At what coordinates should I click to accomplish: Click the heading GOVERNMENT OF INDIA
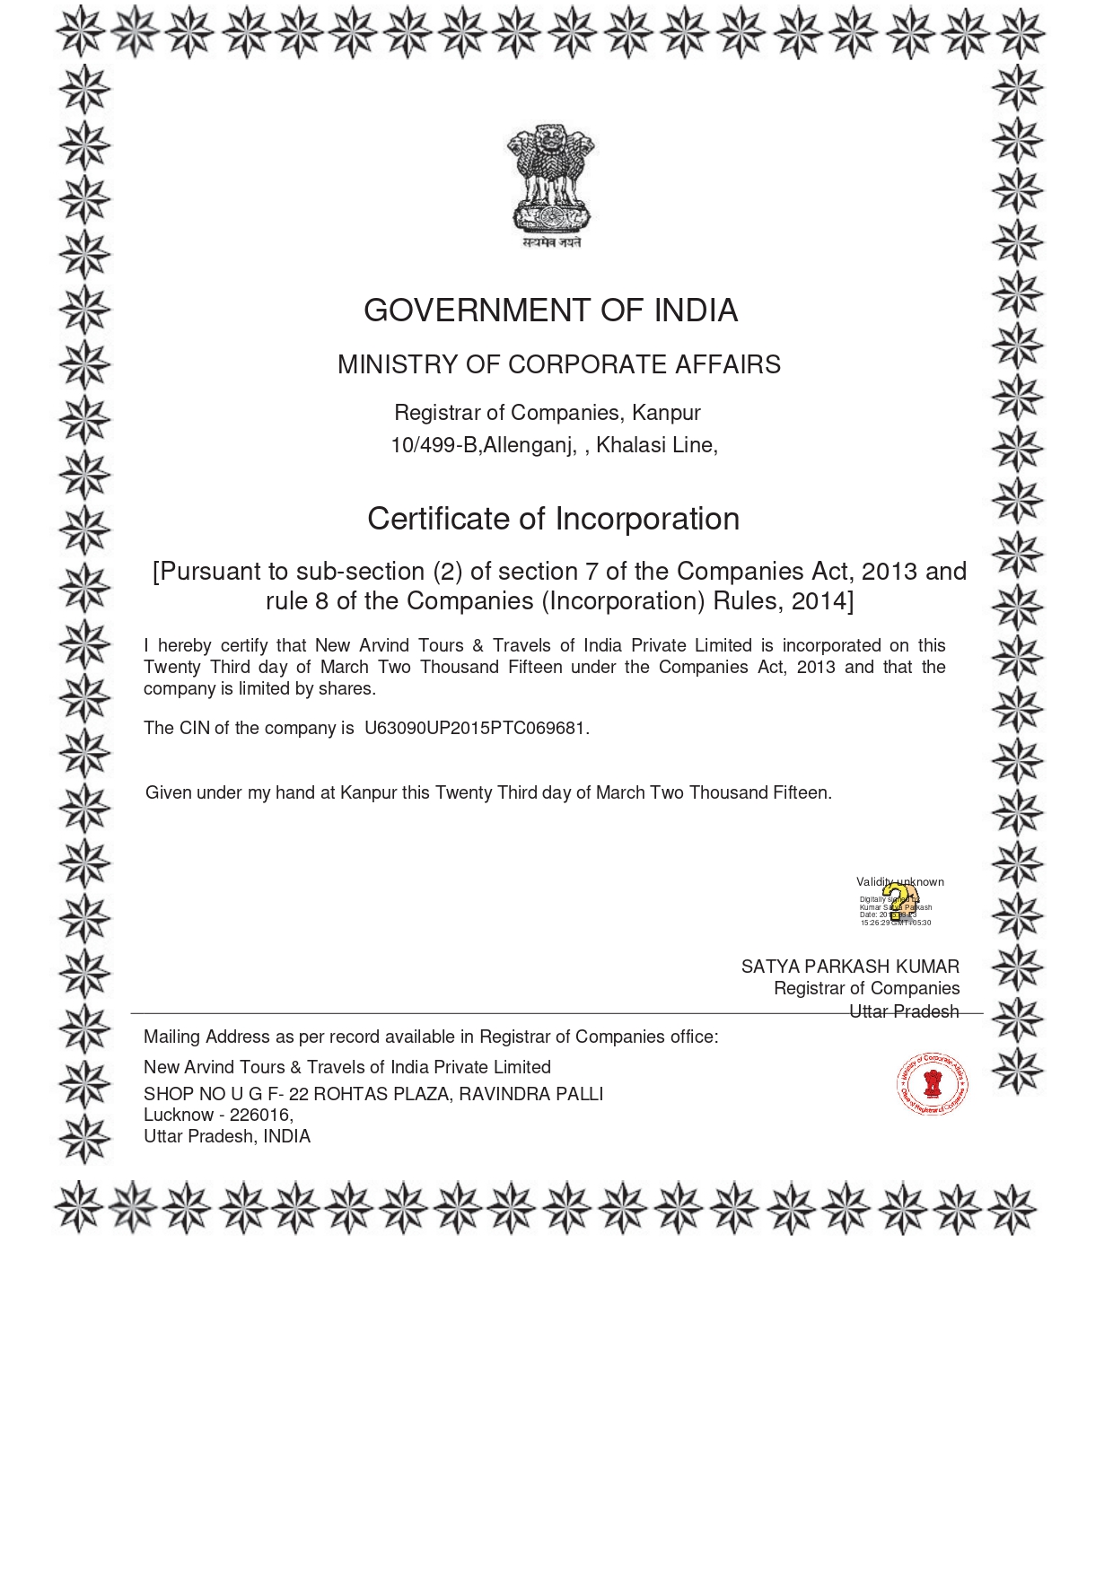click(x=550, y=311)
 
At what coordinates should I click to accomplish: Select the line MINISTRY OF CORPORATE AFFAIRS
click(x=558, y=364)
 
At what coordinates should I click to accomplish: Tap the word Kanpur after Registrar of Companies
click(x=666, y=413)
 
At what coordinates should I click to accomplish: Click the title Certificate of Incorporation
click(x=553, y=519)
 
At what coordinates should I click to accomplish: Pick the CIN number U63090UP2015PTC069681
click(x=475, y=728)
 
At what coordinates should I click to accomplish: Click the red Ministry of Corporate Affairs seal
click(x=933, y=1084)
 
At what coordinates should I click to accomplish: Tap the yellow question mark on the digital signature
click(x=897, y=902)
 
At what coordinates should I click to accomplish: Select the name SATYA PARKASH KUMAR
click(x=850, y=967)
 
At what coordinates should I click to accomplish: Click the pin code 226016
click(x=259, y=1115)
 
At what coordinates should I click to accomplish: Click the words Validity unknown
click(x=899, y=881)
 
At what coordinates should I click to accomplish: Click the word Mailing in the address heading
click(x=171, y=1037)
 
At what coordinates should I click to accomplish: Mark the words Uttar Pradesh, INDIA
click(x=227, y=1136)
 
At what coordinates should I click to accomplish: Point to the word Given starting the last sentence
click(x=168, y=792)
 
